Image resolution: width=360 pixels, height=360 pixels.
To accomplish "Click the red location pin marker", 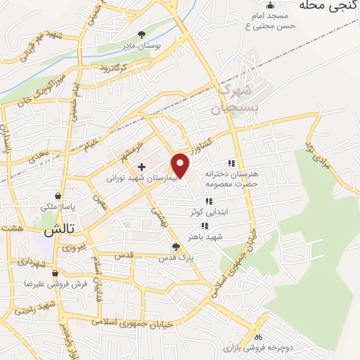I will pos(181,165).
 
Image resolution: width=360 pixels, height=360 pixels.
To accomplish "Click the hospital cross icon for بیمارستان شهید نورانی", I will pos(141,167).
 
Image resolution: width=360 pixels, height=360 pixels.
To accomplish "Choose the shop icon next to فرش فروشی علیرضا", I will pos(54,273).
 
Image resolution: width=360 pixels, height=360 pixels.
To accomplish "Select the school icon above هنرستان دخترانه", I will pos(231,163).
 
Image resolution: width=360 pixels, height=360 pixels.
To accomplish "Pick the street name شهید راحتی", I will pos(37,308).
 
